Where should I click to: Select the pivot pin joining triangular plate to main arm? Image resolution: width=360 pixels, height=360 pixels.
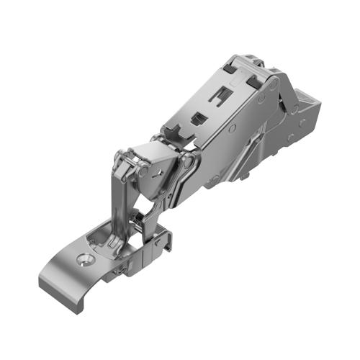(188, 163)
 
